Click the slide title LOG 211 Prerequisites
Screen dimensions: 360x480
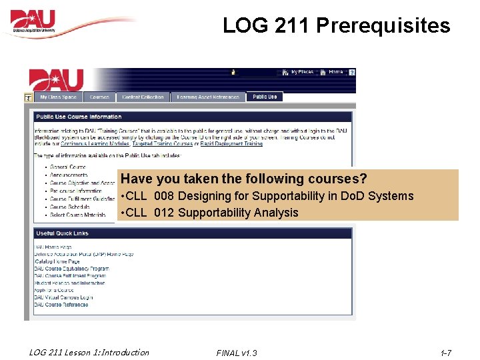click(336, 26)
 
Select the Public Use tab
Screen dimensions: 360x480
click(265, 97)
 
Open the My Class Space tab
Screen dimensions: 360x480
click(58, 97)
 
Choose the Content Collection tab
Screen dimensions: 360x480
click(143, 97)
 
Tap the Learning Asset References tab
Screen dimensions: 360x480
click(208, 97)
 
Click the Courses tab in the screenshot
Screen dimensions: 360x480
click(99, 97)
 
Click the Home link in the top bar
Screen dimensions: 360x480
click(335, 72)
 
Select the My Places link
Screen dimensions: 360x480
click(301, 72)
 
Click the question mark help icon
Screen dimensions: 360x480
click(352, 72)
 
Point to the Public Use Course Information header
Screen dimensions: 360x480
click(79, 117)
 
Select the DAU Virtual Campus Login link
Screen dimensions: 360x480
click(63, 297)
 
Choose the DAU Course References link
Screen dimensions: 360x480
click(61, 305)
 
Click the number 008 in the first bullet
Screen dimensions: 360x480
click(165, 196)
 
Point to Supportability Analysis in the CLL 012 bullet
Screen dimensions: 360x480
click(238, 213)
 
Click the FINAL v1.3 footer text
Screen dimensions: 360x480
click(237, 353)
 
